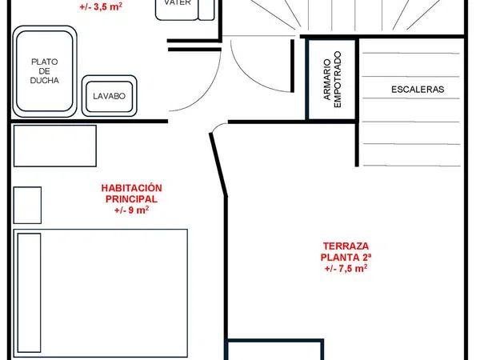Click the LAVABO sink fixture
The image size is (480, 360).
click(110, 96)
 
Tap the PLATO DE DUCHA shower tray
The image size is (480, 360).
click(45, 71)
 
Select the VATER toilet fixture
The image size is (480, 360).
click(185, 9)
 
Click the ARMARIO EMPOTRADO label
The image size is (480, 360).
click(332, 79)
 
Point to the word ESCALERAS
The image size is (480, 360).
click(418, 90)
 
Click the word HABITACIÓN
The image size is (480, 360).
click(132, 188)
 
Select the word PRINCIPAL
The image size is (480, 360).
click(131, 199)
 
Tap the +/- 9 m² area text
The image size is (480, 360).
click(132, 210)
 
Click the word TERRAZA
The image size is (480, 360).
click(346, 246)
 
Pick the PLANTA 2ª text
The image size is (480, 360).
click(346, 257)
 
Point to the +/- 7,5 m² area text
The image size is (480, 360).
click(346, 269)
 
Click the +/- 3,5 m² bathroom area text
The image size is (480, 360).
click(101, 6)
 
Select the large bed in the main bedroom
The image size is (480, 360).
click(101, 293)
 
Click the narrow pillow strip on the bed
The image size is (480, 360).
click(29, 293)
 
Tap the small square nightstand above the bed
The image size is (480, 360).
click(27, 205)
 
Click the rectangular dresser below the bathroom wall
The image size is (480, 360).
click(55, 146)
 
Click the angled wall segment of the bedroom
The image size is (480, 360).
click(218, 164)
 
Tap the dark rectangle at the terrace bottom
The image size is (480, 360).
click(274, 350)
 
